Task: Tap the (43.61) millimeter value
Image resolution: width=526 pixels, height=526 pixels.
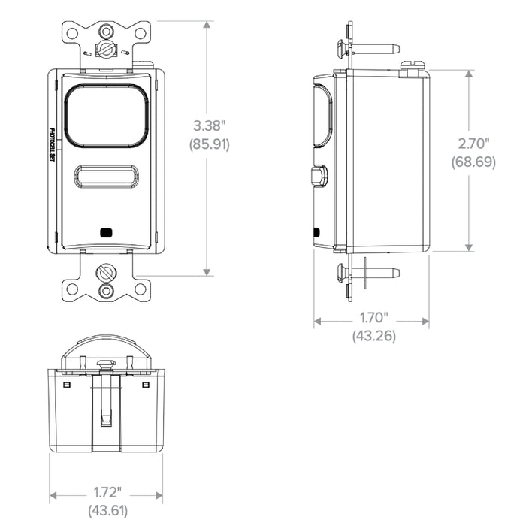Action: (x=106, y=511)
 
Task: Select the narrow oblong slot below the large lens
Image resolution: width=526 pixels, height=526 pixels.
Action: (x=106, y=177)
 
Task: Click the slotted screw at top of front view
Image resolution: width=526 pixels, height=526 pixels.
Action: (x=106, y=50)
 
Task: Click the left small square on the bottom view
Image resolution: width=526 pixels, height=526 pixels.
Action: (x=67, y=384)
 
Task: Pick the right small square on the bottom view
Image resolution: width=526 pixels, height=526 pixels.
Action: (x=146, y=384)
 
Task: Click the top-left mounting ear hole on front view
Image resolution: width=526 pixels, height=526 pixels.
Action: (x=73, y=33)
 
